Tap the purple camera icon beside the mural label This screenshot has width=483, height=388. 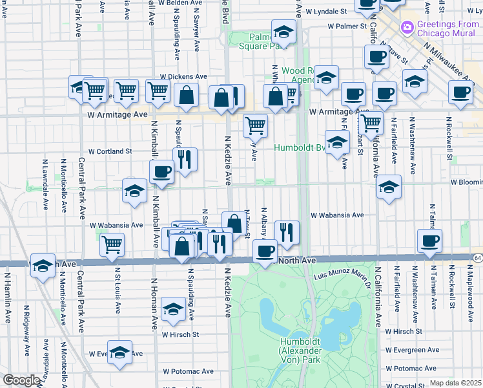(x=407, y=28)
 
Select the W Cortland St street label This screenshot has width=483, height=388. (x=110, y=151)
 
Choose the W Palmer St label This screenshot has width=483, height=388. (x=347, y=27)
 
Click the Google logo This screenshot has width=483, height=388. (x=21, y=380)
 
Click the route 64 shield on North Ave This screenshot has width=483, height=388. (x=477, y=257)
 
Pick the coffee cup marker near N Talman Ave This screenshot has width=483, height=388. (x=429, y=242)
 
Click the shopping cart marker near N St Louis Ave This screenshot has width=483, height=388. (x=112, y=244)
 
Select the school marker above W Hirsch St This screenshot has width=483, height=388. (x=173, y=309)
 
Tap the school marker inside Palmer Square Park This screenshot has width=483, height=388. (x=283, y=31)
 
